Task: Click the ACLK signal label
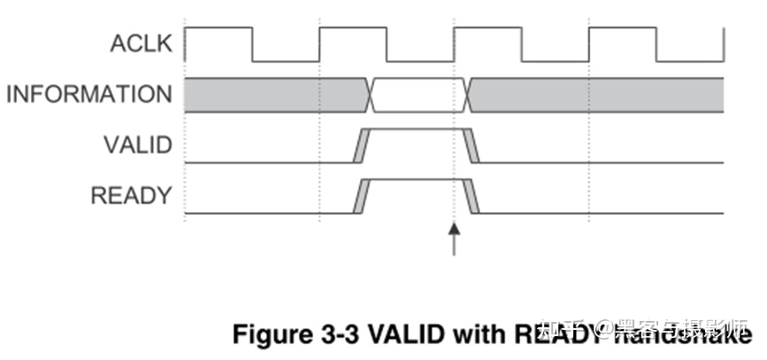click(x=142, y=43)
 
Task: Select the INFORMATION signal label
click(x=89, y=95)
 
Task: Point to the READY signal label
click(x=131, y=195)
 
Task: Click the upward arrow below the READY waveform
click(x=455, y=239)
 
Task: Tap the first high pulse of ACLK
click(x=219, y=29)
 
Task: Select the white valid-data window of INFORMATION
click(x=418, y=95)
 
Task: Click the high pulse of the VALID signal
click(x=416, y=130)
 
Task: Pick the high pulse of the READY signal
click(x=416, y=180)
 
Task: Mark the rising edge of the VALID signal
click(x=359, y=146)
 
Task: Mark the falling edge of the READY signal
click(x=472, y=196)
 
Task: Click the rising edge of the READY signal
click(x=359, y=196)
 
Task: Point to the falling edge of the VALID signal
click(x=472, y=146)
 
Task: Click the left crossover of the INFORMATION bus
click(x=371, y=95)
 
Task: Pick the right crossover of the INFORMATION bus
click(x=468, y=95)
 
